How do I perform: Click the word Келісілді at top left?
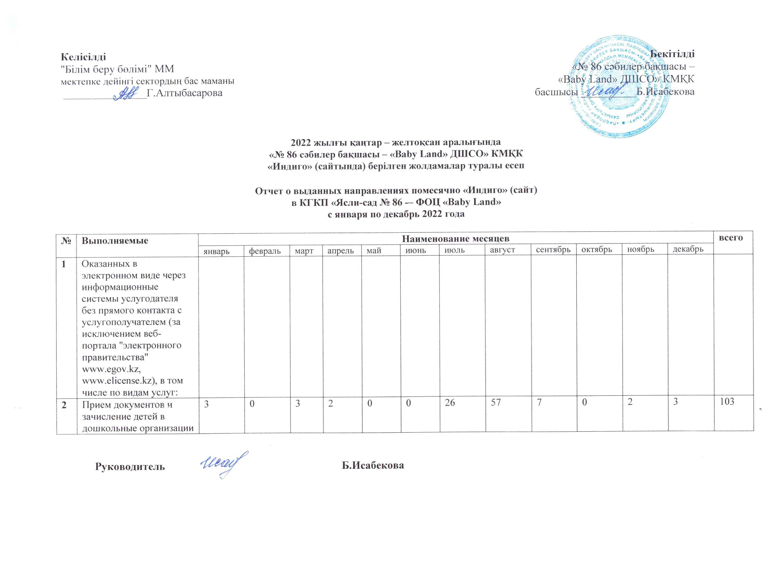[83, 56]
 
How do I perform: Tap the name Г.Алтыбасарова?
[184, 93]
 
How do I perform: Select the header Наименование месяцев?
[456, 238]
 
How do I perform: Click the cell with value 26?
[450, 403]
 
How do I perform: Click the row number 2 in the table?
[64, 405]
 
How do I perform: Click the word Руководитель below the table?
[130, 466]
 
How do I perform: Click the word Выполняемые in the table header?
[115, 240]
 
